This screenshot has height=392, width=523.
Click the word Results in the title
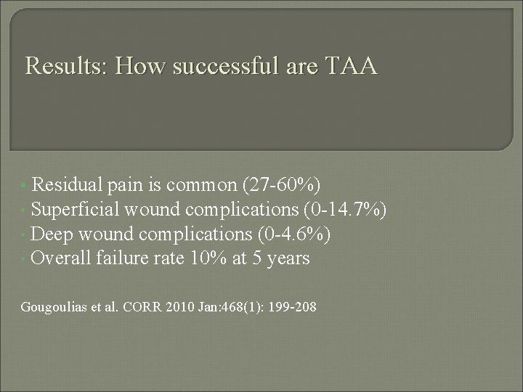tap(65, 68)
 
